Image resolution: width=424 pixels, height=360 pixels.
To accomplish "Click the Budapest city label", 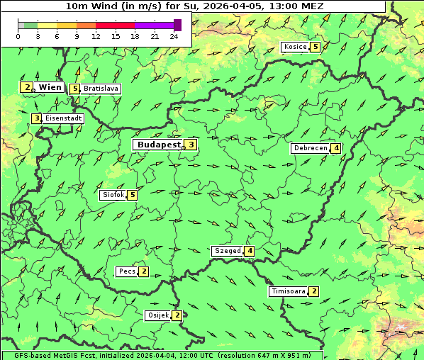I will [x=158, y=145].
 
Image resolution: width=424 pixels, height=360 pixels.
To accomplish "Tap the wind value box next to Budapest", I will [x=191, y=145].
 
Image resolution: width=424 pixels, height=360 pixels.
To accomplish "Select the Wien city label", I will [x=50, y=87].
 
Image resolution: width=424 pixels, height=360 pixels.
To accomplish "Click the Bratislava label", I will [x=100, y=89].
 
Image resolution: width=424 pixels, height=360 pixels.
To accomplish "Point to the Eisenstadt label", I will [x=63, y=118].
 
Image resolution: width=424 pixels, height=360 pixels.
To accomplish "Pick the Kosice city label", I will [x=295, y=47].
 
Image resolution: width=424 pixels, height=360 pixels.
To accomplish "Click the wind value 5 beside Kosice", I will [x=315, y=47].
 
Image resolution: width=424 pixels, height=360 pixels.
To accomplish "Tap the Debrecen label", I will [x=310, y=148].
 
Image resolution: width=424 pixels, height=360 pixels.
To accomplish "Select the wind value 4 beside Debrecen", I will [x=335, y=148].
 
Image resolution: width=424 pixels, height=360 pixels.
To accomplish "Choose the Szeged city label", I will [x=227, y=251].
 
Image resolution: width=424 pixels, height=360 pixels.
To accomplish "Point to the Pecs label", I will [x=127, y=271].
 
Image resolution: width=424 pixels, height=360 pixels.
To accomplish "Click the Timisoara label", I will [x=289, y=291].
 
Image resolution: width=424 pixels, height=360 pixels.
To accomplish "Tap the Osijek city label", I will [x=157, y=315].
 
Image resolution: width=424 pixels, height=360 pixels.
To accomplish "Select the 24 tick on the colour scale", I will [x=174, y=36].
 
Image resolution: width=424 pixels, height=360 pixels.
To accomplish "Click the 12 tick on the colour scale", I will [x=96, y=36].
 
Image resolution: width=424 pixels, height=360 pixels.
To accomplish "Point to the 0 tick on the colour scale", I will [x=18, y=36].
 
